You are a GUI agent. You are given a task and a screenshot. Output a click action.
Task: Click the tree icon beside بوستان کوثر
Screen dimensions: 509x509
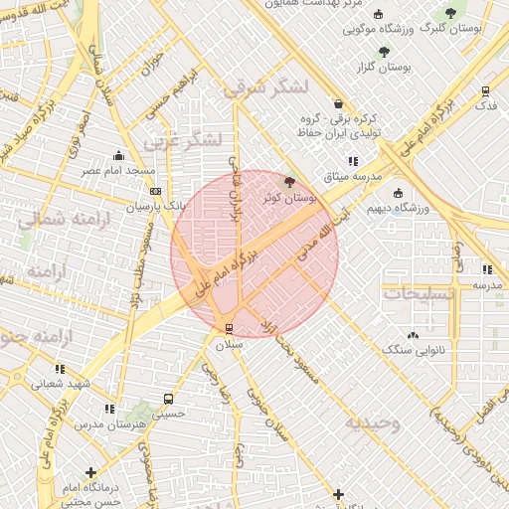[x=289, y=181]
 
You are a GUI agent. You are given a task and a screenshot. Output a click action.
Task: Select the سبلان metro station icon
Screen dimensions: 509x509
[x=230, y=327]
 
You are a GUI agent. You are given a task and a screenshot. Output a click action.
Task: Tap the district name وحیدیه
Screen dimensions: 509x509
[x=373, y=424]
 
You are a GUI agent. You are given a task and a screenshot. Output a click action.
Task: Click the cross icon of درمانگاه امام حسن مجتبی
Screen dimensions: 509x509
[x=91, y=472]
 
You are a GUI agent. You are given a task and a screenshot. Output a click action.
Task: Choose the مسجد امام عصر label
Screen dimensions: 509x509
[x=119, y=171]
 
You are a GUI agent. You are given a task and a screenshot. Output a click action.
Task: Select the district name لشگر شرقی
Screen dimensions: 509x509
[x=265, y=89]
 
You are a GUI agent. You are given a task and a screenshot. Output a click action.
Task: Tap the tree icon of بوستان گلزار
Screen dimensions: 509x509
[x=384, y=51]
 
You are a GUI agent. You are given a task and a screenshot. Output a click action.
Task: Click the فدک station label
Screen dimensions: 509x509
[x=486, y=105]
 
